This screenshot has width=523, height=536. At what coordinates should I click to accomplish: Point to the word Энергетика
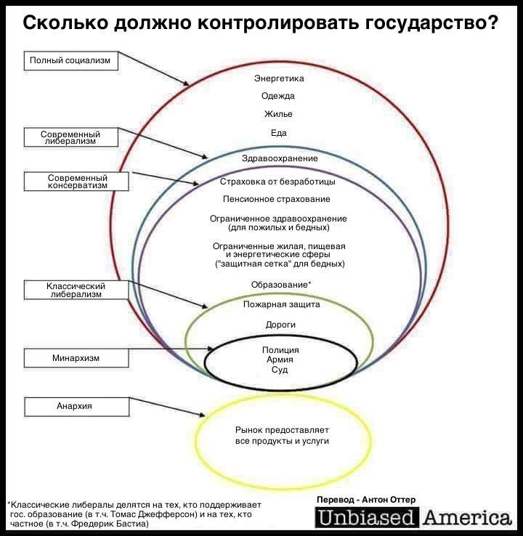click(279, 78)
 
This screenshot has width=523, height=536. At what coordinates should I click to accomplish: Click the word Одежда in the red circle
click(278, 96)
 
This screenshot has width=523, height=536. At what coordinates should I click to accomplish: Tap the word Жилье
click(278, 114)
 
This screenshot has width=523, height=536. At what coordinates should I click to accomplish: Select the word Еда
click(279, 133)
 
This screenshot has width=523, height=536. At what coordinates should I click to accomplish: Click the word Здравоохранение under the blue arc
click(280, 158)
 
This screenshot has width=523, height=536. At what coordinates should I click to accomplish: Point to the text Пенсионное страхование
click(277, 199)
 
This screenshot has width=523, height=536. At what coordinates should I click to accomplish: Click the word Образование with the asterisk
click(281, 285)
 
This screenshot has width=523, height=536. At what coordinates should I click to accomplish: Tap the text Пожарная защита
click(282, 304)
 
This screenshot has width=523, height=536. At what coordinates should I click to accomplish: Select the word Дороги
click(280, 325)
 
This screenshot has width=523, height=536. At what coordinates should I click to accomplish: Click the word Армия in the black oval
click(280, 360)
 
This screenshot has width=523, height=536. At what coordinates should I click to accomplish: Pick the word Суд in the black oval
click(280, 370)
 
